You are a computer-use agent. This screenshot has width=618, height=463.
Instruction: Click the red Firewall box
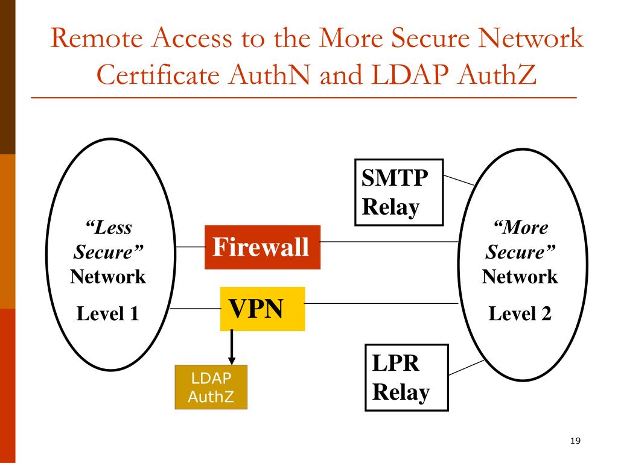tap(263, 247)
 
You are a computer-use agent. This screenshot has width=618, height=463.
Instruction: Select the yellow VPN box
tap(263, 309)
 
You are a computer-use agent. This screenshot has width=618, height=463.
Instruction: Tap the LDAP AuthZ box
tap(211, 387)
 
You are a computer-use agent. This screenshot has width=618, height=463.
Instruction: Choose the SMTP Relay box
tap(399, 192)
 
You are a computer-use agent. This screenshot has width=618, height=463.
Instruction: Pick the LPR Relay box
tap(407, 377)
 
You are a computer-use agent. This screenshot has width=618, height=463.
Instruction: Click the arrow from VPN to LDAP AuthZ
tap(232, 347)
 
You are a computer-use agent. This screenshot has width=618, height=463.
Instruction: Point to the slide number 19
tap(575, 441)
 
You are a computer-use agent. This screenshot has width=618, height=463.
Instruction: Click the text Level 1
tap(107, 313)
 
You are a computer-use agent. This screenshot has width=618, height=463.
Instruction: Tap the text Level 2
tap(520, 313)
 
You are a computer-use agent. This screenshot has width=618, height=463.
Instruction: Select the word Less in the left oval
tap(109, 227)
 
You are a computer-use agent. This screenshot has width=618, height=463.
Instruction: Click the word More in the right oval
tap(521, 227)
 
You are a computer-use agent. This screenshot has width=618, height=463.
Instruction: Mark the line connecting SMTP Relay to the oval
tap(459, 180)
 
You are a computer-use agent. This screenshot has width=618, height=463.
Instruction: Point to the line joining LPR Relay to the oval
tap(467, 367)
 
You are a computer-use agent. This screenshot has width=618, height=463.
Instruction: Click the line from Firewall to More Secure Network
tap(389, 241)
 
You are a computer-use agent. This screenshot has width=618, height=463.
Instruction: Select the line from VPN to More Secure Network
tap(381, 304)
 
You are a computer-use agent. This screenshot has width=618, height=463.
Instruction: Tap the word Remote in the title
tap(97, 38)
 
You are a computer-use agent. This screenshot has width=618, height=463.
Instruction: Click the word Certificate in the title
tap(158, 75)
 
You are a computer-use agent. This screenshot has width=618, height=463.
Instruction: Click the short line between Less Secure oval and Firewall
tap(190, 247)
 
